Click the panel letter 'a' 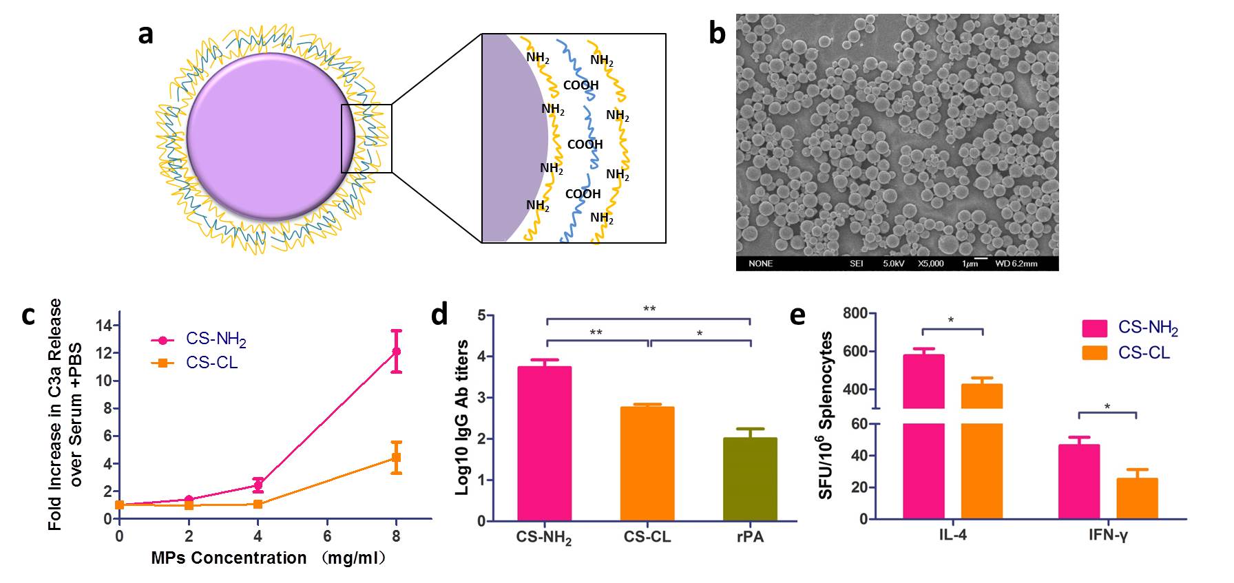click(x=145, y=34)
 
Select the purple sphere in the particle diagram click(x=271, y=136)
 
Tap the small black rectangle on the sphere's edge click(x=366, y=138)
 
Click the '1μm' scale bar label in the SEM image click(x=970, y=264)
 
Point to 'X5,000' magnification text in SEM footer click(x=930, y=264)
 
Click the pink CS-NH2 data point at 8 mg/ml click(x=396, y=352)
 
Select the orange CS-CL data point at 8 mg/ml click(x=396, y=457)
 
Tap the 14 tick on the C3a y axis click(x=105, y=325)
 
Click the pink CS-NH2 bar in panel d click(x=545, y=443)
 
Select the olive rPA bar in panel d click(x=750, y=479)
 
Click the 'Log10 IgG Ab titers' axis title click(x=463, y=417)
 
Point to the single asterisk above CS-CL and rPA click(x=700, y=334)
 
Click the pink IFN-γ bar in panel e click(x=1079, y=481)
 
